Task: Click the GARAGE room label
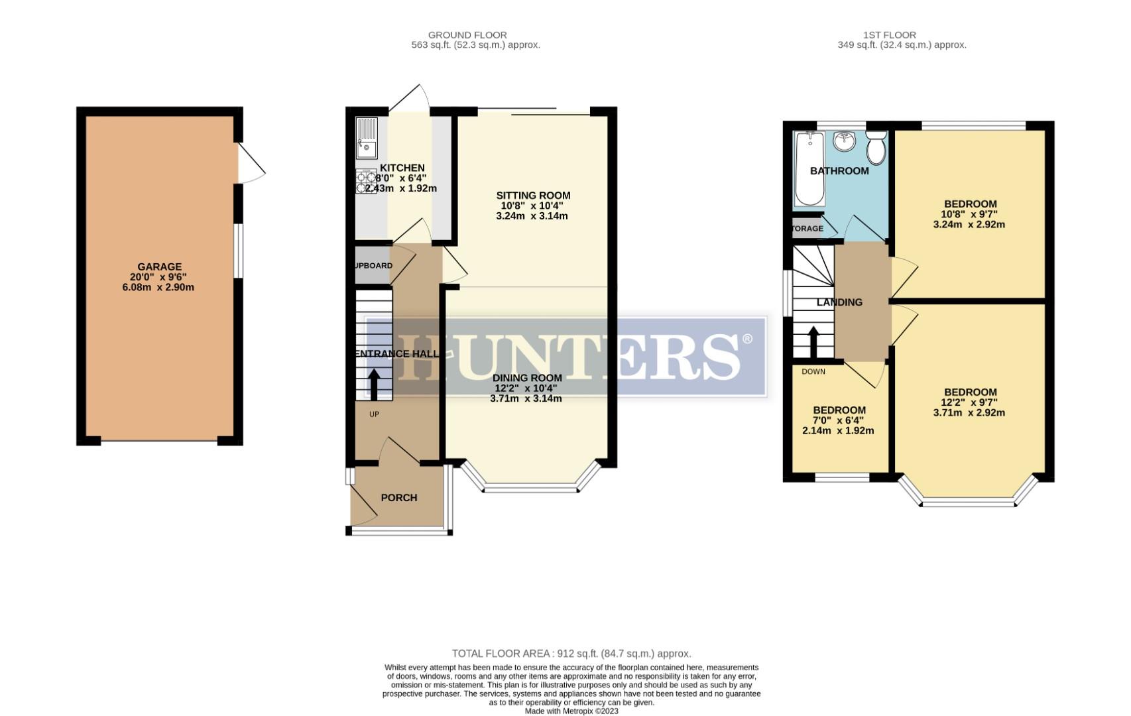159,267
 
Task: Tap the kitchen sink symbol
366,139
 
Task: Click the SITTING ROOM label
533,196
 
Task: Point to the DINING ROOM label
526,378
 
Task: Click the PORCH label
399,498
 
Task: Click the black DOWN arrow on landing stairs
812,342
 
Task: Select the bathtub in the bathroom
809,169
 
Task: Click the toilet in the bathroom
876,147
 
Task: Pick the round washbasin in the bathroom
845,141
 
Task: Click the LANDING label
839,302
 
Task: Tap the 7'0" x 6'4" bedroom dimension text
839,420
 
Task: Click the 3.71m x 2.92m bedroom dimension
969,412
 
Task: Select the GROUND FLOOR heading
467,35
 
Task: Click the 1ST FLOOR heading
889,35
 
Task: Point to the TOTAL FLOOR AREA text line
571,654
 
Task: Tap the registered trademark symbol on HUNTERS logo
747,339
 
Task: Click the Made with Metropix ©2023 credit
571,711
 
